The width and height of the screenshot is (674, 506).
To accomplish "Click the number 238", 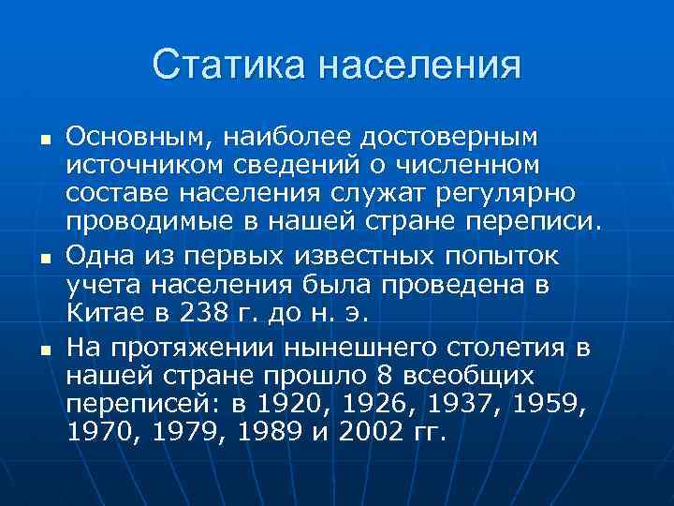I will [185, 310].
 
